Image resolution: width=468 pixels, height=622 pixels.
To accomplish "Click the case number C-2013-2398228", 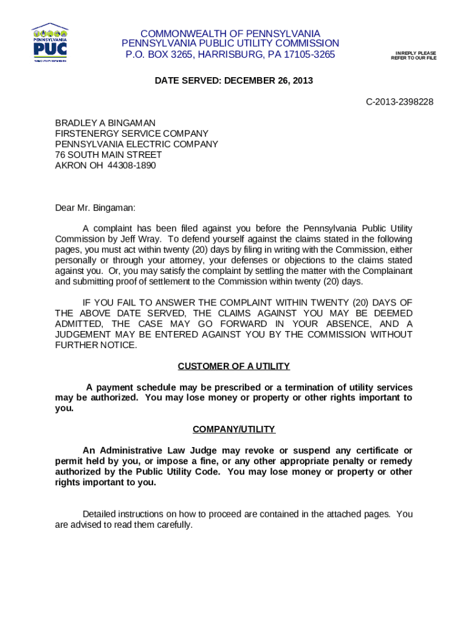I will coord(399,101).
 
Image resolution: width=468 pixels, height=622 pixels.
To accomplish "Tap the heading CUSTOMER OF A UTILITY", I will coord(233,366).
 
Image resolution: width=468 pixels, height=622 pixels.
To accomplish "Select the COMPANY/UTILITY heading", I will coord(233,429).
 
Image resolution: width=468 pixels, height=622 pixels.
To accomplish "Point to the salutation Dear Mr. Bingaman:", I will coord(95,208).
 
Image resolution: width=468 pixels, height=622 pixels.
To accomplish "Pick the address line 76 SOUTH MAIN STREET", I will coord(108,154).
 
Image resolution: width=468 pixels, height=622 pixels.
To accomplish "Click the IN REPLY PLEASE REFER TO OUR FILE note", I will coord(413,55).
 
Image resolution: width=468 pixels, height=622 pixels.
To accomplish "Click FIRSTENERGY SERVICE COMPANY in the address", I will coord(131,133).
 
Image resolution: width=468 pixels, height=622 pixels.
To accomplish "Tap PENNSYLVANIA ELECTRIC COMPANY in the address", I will coord(136,144).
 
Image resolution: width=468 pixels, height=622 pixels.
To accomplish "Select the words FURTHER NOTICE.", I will coord(96,345).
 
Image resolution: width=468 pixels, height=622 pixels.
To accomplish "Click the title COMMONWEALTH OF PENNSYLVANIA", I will coord(230,33).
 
